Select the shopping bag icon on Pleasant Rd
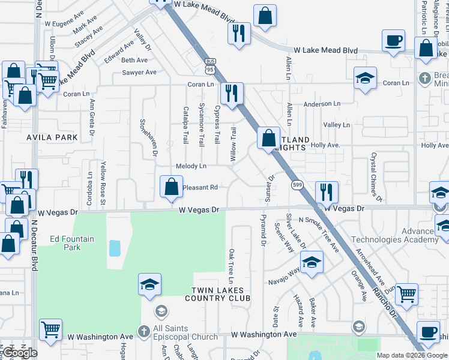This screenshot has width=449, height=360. coord(172,187)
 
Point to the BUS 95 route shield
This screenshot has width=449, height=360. coord(210,65)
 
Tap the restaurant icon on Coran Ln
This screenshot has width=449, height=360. coord(232,93)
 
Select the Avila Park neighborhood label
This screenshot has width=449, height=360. coord(52,137)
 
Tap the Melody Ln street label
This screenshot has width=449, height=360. coord(191,166)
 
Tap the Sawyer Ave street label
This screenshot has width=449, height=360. coord(139,73)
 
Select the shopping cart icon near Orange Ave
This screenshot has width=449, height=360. coord(406,295)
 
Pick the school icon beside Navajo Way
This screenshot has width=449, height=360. coord(312,262)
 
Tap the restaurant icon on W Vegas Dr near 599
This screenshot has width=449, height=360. coord(327,192)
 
